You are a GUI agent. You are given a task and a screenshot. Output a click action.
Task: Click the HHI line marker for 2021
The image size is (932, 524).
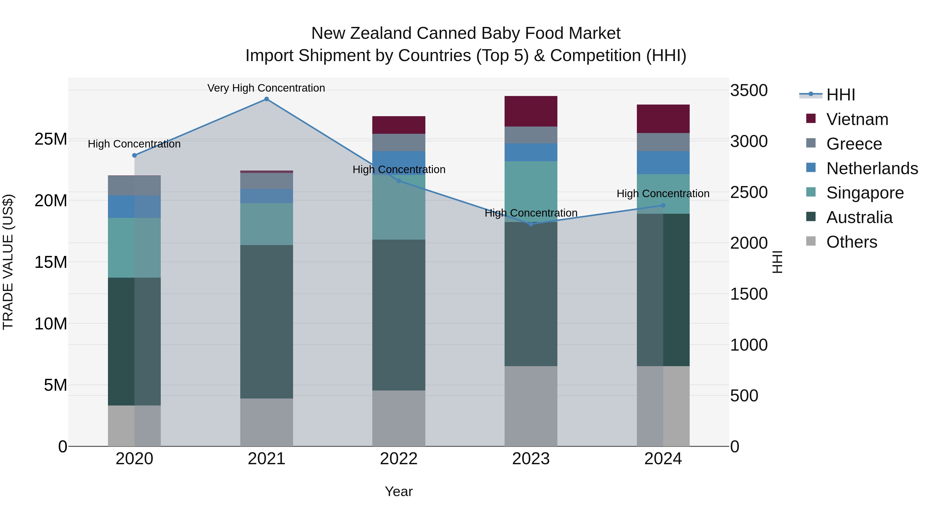266,99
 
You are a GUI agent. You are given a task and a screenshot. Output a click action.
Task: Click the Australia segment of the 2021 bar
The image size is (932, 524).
266,322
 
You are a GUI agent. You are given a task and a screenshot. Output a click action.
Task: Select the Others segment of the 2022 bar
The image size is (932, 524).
399,418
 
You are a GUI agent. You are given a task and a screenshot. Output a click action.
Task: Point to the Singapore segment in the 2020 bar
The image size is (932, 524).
134,248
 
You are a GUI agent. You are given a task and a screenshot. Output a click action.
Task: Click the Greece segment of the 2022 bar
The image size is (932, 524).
399,143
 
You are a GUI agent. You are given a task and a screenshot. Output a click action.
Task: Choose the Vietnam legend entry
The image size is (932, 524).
857,119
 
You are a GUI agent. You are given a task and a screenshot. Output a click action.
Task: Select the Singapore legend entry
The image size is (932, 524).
865,193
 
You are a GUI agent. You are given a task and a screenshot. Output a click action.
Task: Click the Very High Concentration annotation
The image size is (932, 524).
266,88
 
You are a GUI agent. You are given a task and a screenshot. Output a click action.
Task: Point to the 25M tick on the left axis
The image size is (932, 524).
51,139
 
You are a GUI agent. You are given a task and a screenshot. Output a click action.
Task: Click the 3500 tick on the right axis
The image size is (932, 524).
748,90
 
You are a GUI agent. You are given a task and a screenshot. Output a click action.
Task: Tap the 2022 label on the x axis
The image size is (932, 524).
399,459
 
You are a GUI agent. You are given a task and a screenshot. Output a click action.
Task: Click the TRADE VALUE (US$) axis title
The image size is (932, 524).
8,262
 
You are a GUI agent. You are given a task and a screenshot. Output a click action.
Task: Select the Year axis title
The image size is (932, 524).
399,491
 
